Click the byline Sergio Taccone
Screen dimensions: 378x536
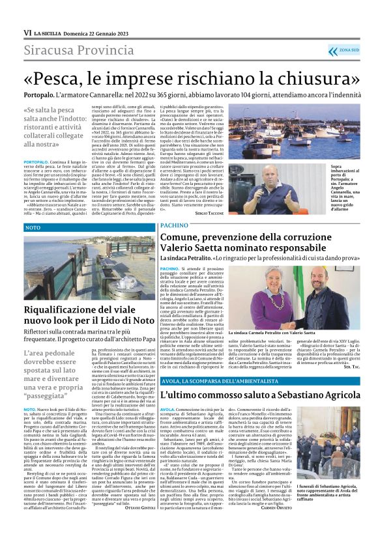pyautogui.click(x=209, y=213)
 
